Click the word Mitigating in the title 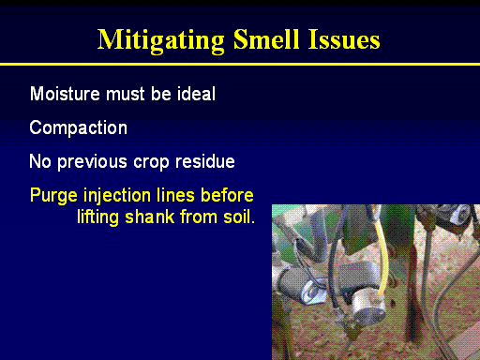tap(161, 41)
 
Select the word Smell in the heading tap(266, 39)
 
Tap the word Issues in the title tap(344, 39)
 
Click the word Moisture tap(66, 94)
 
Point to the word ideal tap(196, 94)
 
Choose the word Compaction tap(79, 127)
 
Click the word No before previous tap(40, 161)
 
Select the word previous tap(93, 162)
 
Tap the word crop tap(151, 163)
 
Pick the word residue tap(205, 161)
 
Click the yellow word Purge tap(53, 196)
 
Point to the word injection tap(117, 196)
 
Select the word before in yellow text tap(227, 195)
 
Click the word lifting tap(97, 217)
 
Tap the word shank tap(150, 217)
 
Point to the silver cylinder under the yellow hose tap(368, 307)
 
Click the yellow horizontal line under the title tap(240, 65)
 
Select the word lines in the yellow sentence tap(175, 195)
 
